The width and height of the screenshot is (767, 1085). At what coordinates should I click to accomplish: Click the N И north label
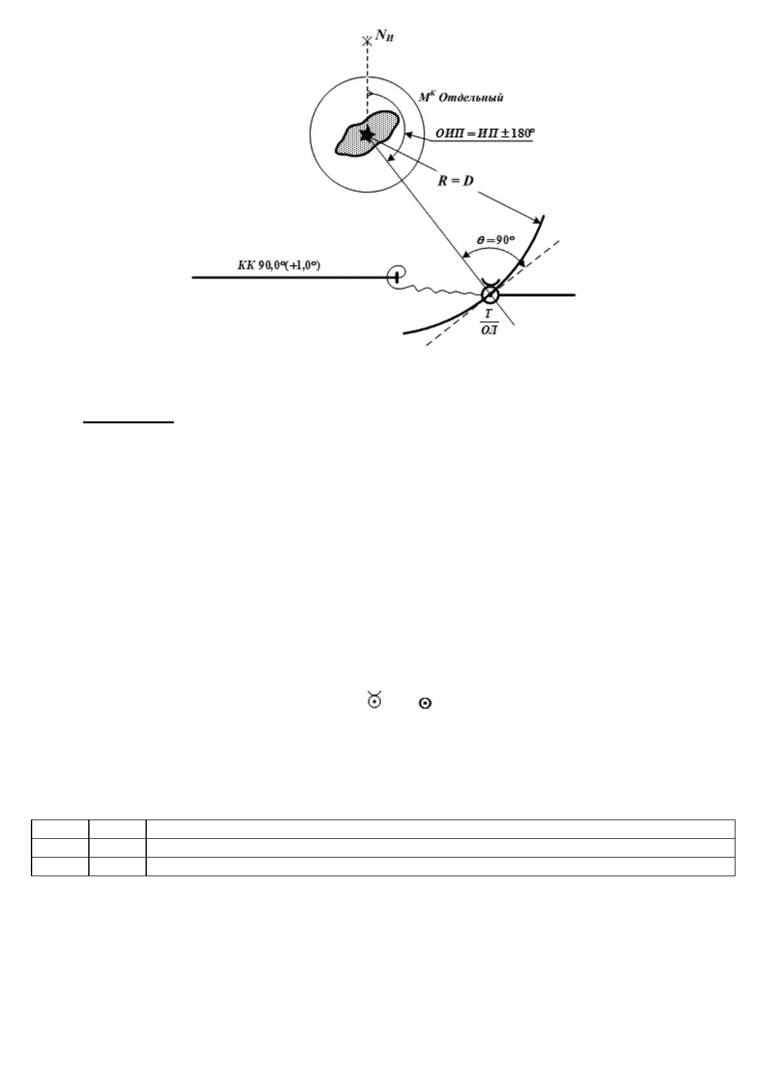point(385,38)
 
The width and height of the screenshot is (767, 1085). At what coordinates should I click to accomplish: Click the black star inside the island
point(366,135)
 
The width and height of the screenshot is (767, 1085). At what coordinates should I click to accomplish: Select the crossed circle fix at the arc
point(489,295)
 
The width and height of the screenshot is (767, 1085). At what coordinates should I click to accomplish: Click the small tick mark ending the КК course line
point(397,278)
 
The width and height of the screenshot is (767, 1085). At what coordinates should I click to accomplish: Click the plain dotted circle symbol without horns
point(424,705)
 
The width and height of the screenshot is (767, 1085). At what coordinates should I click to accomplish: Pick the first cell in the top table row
point(60,829)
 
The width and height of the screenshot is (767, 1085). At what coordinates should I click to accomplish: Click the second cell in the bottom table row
point(117,867)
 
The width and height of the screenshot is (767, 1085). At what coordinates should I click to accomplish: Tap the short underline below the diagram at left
point(128,423)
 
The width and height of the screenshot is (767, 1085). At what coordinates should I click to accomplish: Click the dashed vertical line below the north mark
point(366,71)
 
